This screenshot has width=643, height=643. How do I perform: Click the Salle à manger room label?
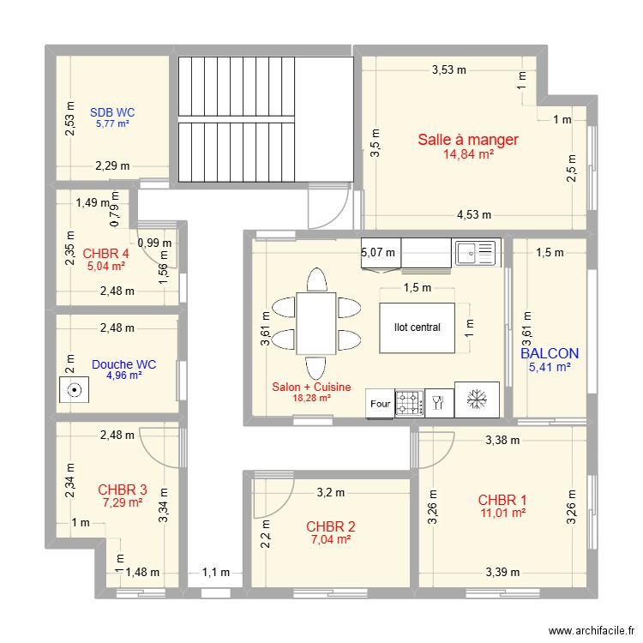(x=468, y=140)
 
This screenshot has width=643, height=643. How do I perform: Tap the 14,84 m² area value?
(x=468, y=154)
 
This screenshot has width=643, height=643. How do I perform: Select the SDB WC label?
(x=112, y=112)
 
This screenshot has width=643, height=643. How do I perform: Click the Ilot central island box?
(x=417, y=328)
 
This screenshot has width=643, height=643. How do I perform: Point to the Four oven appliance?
(x=380, y=404)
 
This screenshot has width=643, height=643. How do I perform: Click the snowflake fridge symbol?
(x=477, y=399)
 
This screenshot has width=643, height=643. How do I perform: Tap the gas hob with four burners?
(x=409, y=404)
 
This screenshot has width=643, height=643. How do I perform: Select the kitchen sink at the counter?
(x=476, y=253)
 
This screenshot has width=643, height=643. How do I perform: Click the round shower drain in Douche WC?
(x=75, y=390)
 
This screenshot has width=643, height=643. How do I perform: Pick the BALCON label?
(x=550, y=353)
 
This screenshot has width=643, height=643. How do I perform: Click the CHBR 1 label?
(x=502, y=500)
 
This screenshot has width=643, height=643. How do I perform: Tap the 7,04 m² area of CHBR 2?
(x=331, y=539)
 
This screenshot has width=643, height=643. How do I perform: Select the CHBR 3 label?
(x=123, y=490)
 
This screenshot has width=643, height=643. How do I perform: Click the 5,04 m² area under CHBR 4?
(x=105, y=266)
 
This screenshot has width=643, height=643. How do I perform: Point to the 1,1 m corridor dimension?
(x=216, y=572)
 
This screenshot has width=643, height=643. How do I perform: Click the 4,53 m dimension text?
(x=474, y=214)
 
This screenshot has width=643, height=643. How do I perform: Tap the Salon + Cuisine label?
(x=312, y=387)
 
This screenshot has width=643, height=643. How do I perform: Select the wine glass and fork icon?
(x=438, y=402)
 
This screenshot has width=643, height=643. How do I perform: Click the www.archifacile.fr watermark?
(x=592, y=630)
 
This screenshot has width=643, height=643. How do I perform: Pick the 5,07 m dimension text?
(x=378, y=252)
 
